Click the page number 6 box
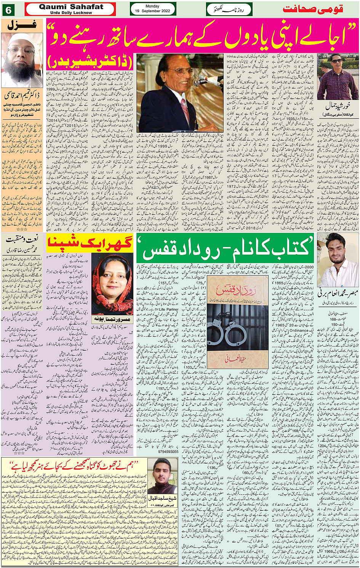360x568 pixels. pos(8,10)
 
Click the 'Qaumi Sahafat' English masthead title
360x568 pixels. pos(71,7)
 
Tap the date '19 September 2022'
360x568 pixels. pos(152,11)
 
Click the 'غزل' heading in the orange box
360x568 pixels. pos(22,25)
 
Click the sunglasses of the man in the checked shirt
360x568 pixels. pos(336,61)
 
